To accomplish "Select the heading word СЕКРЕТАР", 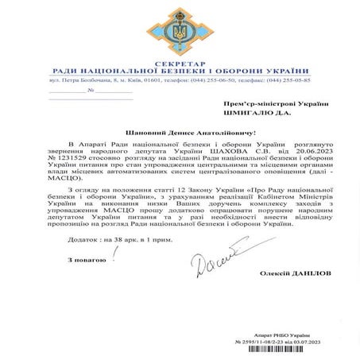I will pos(180,62).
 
